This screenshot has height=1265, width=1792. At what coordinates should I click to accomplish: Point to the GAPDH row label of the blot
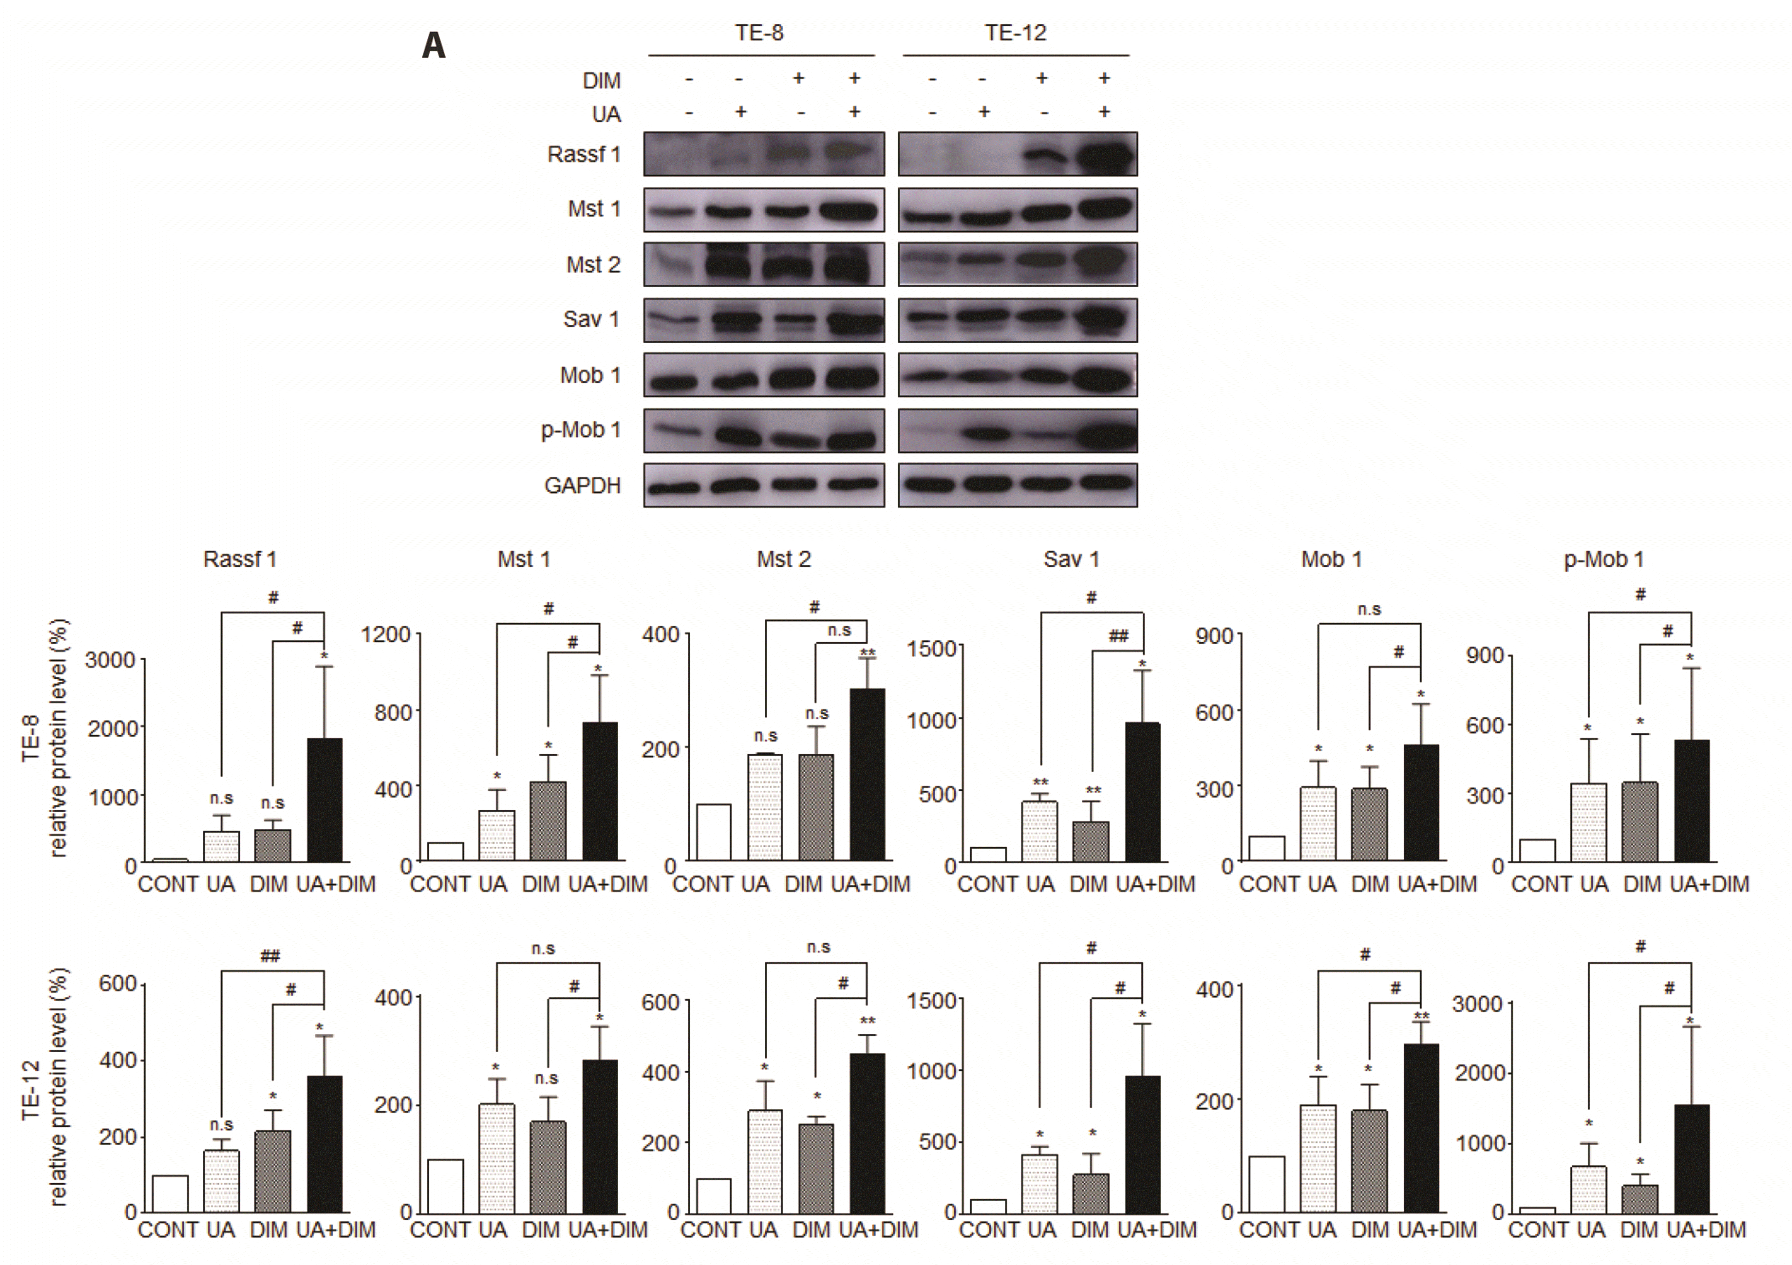pyautogui.click(x=582, y=485)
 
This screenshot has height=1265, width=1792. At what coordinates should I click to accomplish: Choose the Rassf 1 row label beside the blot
pyautogui.click(x=584, y=154)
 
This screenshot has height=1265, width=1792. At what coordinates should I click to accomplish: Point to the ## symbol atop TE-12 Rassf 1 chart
pyautogui.click(x=270, y=956)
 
